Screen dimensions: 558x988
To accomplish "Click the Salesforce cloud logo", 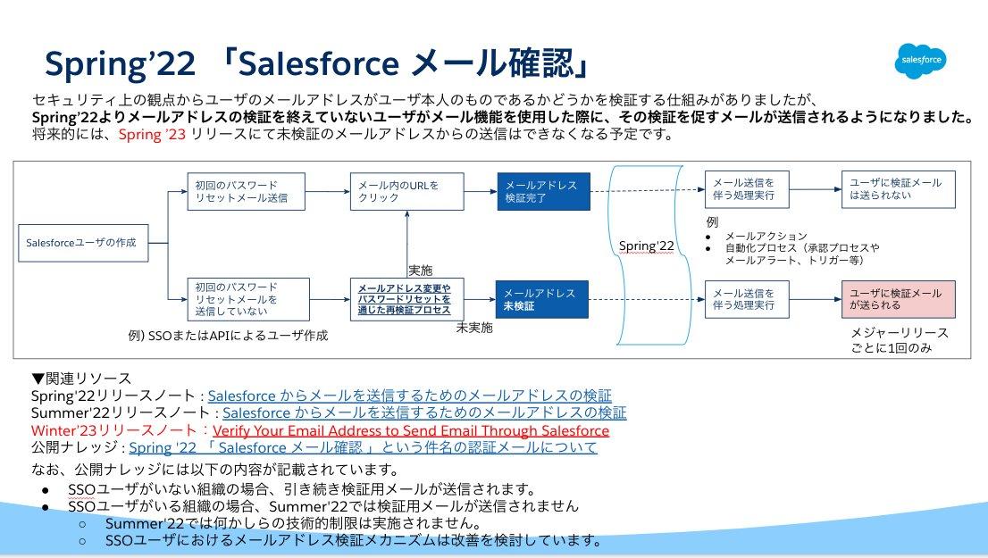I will pyautogui.click(x=920, y=61).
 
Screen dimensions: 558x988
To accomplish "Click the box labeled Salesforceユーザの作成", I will pyautogui.click(x=83, y=243).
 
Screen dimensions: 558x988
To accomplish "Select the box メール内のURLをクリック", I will pyautogui.click(x=406, y=191).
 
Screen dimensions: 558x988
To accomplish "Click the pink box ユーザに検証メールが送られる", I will pyautogui.click(x=898, y=299).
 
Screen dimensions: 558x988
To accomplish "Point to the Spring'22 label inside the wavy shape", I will pyautogui.click(x=646, y=246).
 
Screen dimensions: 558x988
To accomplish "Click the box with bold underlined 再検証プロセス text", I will pyautogui.click(x=406, y=299).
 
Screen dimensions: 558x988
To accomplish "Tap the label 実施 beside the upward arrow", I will pyautogui.click(x=420, y=270).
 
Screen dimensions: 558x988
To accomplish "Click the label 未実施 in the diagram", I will pyautogui.click(x=473, y=328).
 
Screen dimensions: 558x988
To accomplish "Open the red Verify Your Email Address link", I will pyautogui.click(x=411, y=430).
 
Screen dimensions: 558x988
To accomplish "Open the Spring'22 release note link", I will pyautogui.click(x=410, y=396).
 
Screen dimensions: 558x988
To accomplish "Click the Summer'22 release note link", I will pyautogui.click(x=424, y=412).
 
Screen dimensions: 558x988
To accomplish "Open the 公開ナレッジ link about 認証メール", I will pyautogui.click(x=363, y=447).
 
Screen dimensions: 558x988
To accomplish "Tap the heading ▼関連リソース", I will pyautogui.click(x=80, y=379).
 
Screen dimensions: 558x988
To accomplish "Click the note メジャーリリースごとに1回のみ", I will pyautogui.click(x=899, y=339).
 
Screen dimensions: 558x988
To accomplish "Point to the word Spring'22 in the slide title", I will pyautogui.click(x=121, y=64).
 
